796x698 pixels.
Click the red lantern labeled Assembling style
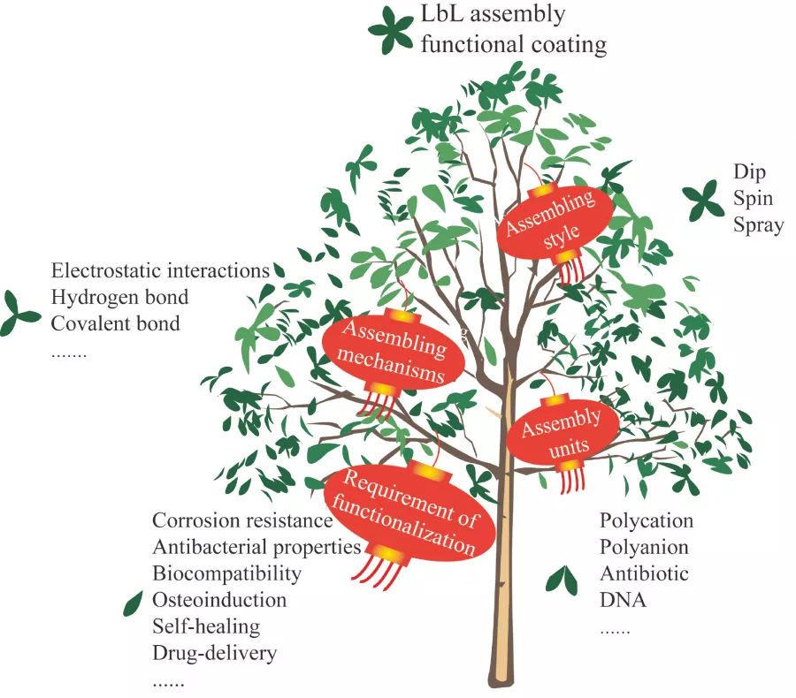coord(557,221)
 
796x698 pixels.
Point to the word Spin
coord(753,199)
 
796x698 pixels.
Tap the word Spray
coord(758,225)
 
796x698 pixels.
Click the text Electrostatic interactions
coord(160,270)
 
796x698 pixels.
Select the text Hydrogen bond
coord(119,297)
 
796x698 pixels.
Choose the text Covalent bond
coord(115,323)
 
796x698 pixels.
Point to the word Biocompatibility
coord(226,574)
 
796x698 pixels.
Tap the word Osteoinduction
coord(219,601)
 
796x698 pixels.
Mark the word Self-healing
coord(206,627)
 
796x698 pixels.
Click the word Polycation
coord(647,520)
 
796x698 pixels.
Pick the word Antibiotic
coord(644,574)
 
